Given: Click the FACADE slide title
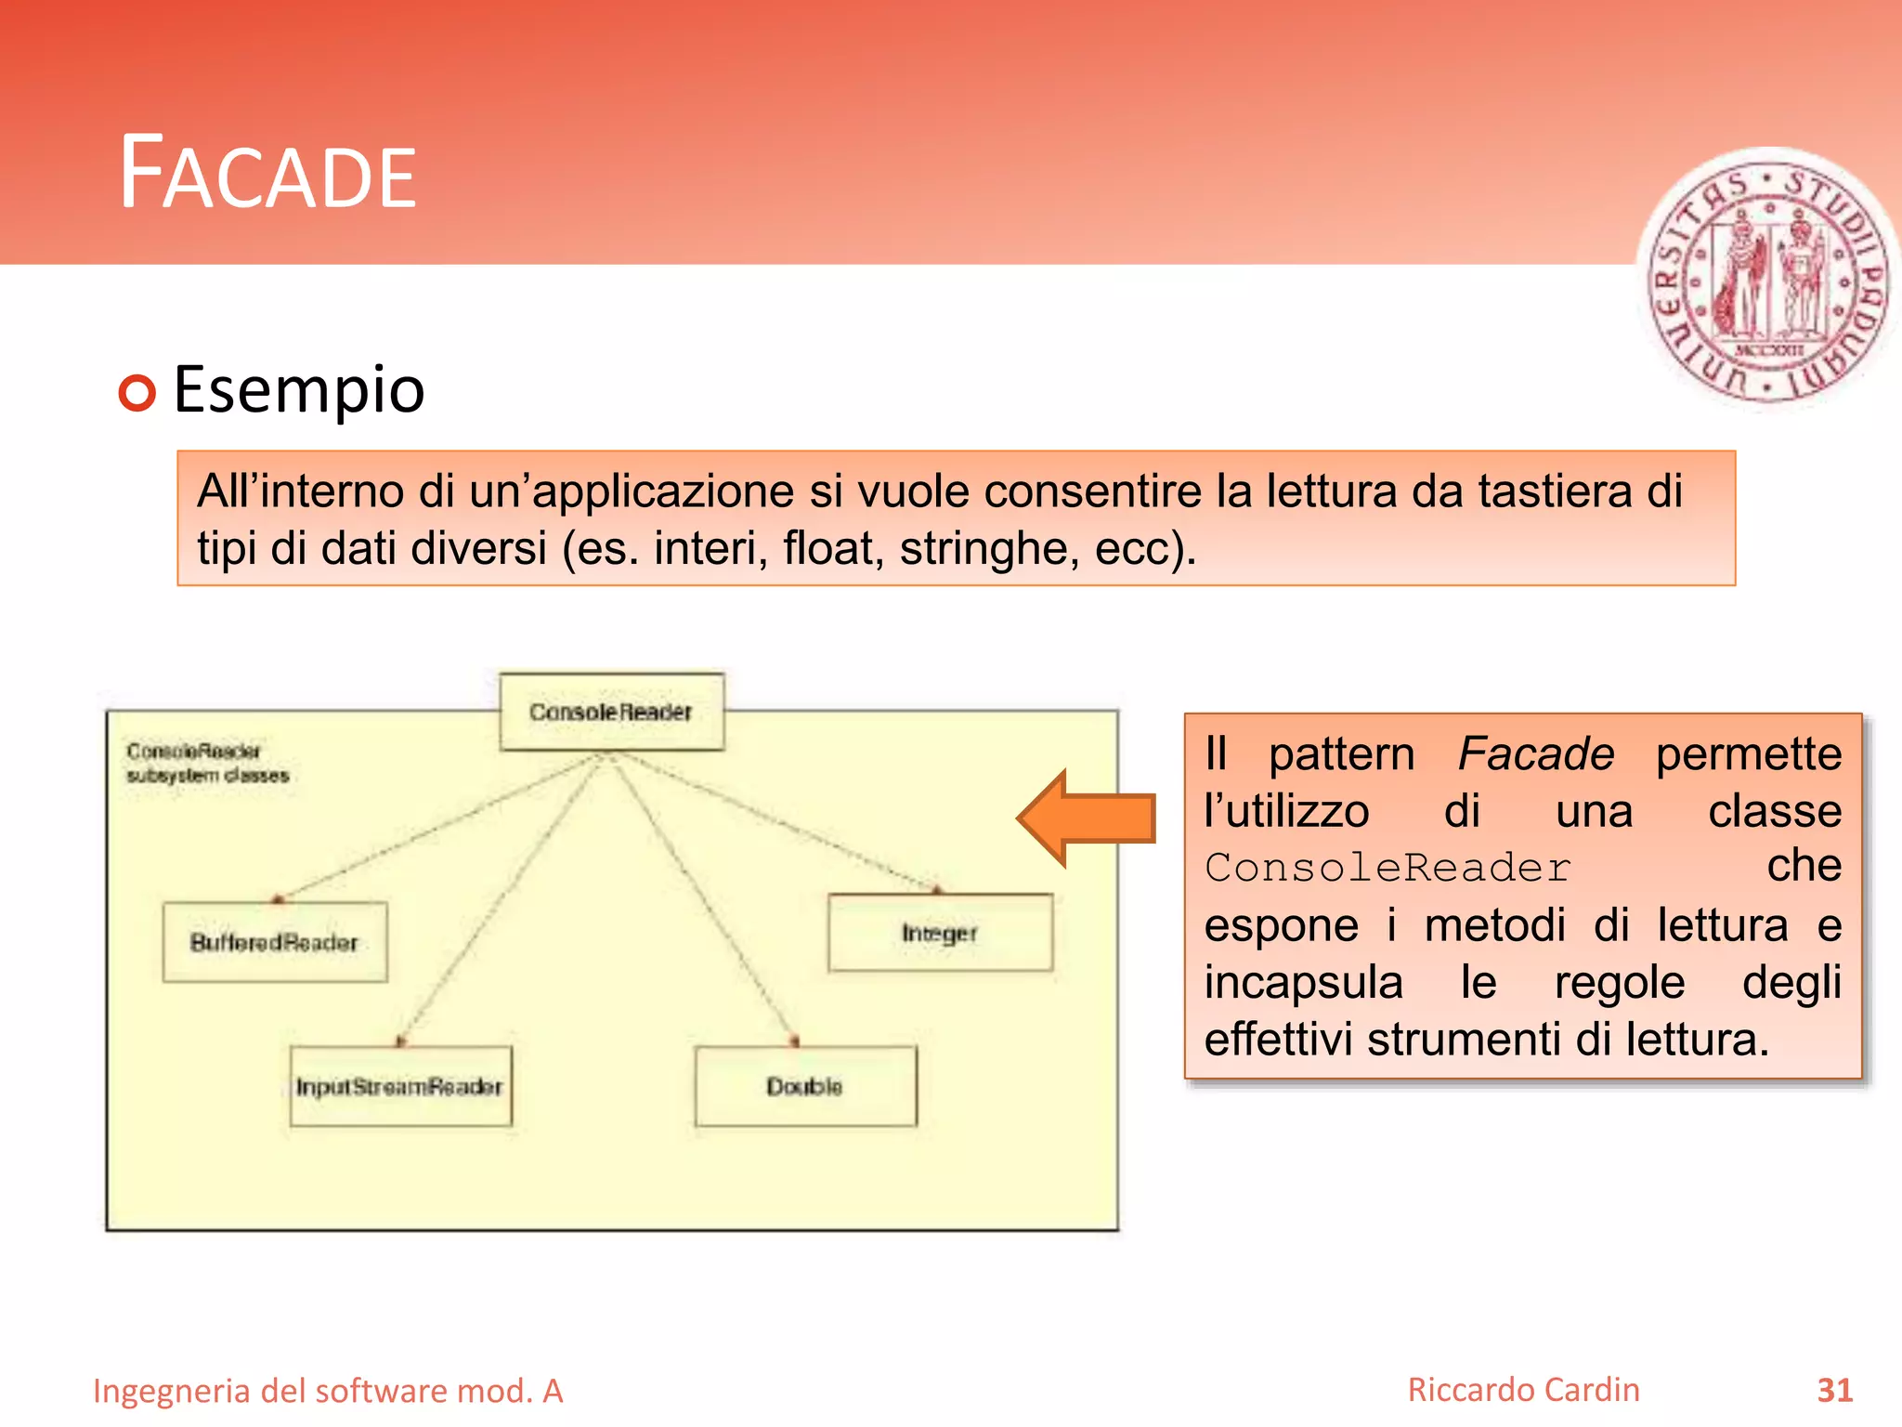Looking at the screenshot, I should pyautogui.click(x=268, y=174).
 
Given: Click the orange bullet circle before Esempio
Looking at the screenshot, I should pyautogui.click(x=137, y=393).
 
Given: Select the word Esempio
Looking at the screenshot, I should pyautogui.click(x=299, y=389).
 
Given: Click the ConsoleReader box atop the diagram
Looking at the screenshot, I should pyautogui.click(x=611, y=712).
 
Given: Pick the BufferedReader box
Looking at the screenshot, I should pyautogui.click(x=275, y=942).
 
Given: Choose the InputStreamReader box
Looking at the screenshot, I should pyautogui.click(x=400, y=1086).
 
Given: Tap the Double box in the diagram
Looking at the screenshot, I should pyautogui.click(x=805, y=1086).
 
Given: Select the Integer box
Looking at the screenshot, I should pyautogui.click(x=940, y=933).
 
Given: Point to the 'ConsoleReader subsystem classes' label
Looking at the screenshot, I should pyautogui.click(x=207, y=763).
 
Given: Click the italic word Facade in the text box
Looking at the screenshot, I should pyautogui.click(x=1535, y=753).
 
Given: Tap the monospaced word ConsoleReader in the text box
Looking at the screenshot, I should pyautogui.click(x=1387, y=868).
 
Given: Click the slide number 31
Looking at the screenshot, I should pyautogui.click(x=1834, y=1390).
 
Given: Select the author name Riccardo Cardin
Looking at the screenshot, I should pyautogui.click(x=1523, y=1390).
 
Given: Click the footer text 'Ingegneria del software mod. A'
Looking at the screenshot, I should pyautogui.click(x=328, y=1391).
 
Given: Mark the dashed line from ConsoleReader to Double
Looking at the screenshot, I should pyautogui.click(x=702, y=897).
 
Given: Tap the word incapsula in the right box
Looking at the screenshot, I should pyautogui.click(x=1303, y=982).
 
